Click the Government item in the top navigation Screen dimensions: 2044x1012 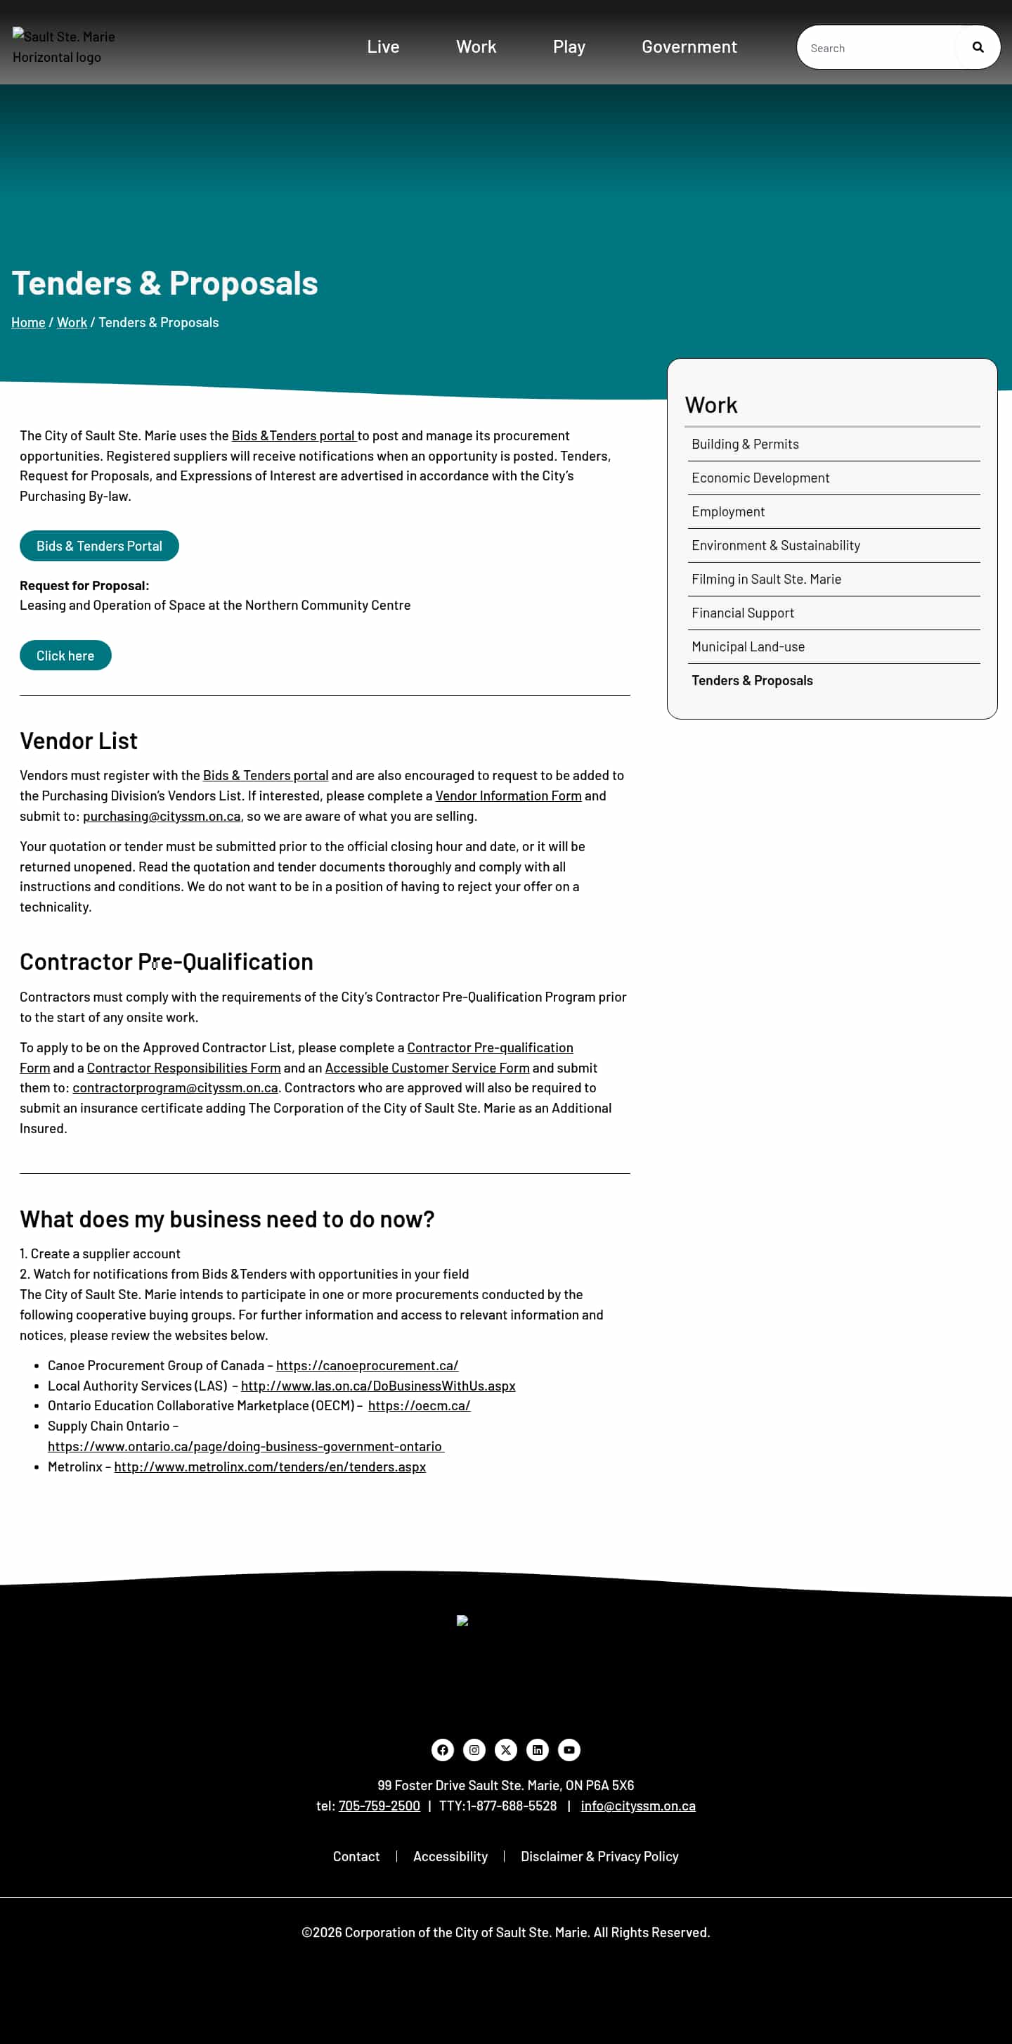(x=689, y=47)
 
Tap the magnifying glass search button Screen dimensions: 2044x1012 (x=977, y=48)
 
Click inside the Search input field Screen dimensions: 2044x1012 (x=876, y=48)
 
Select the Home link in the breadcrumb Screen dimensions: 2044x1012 (x=27, y=322)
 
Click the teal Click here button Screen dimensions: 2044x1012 (x=65, y=656)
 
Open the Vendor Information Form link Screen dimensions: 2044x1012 (x=507, y=795)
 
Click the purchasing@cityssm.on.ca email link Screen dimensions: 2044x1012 (x=161, y=816)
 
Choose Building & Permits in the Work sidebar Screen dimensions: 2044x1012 (x=745, y=445)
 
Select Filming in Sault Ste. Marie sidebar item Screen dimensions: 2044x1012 (x=765, y=580)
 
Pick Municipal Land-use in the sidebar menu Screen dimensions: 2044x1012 (x=747, y=646)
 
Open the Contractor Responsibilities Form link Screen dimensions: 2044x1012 (x=183, y=1068)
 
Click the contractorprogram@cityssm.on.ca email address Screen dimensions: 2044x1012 (x=174, y=1088)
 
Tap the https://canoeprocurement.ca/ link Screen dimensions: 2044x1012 (x=366, y=1365)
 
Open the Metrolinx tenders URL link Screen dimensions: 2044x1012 (x=270, y=1467)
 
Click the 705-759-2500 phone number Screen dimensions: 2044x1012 (x=379, y=1806)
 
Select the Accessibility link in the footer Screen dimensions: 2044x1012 (x=450, y=1857)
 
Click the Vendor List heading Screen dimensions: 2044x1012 (x=79, y=741)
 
